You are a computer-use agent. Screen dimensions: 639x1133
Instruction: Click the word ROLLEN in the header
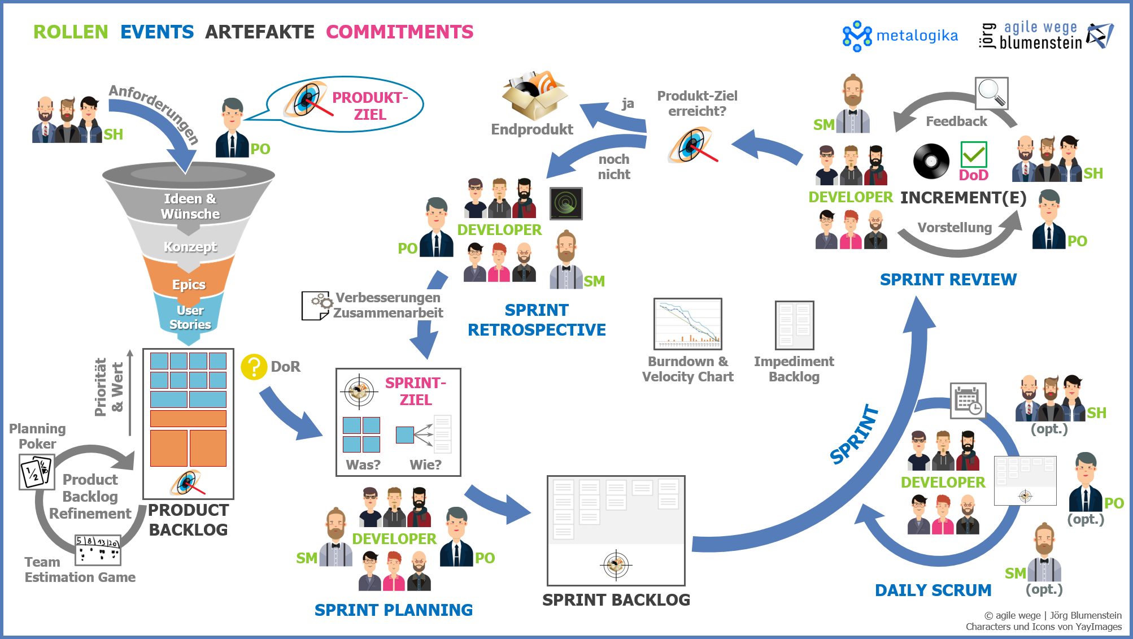pyautogui.click(x=71, y=32)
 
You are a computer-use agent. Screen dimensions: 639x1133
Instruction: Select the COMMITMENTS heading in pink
pyautogui.click(x=399, y=32)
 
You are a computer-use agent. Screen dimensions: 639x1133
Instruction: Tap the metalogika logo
pyautogui.click(x=900, y=36)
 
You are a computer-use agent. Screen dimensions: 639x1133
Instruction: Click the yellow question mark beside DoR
pyautogui.click(x=254, y=367)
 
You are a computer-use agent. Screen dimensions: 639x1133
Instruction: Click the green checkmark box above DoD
pyautogui.click(x=974, y=154)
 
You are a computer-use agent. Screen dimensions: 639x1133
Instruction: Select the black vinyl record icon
pyautogui.click(x=931, y=161)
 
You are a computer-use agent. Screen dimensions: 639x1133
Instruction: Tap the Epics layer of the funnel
pyautogui.click(x=189, y=284)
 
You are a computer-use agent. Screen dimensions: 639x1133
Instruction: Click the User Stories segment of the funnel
pyautogui.click(x=190, y=318)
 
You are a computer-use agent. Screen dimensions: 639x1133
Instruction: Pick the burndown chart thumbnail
pyautogui.click(x=688, y=324)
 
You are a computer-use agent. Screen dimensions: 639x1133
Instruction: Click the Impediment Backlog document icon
pyautogui.click(x=794, y=325)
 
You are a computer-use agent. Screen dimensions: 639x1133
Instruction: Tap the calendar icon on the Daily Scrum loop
pyautogui.click(x=968, y=401)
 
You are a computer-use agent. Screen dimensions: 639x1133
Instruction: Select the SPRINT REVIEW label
pyautogui.click(x=948, y=280)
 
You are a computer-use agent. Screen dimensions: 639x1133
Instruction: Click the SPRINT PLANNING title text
pyautogui.click(x=394, y=610)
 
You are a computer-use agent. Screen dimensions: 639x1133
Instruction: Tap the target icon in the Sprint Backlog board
pyautogui.click(x=616, y=564)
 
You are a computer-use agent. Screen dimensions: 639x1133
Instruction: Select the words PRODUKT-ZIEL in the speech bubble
pyautogui.click(x=370, y=106)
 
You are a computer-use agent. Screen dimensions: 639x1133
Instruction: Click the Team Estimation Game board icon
pyautogui.click(x=98, y=550)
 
